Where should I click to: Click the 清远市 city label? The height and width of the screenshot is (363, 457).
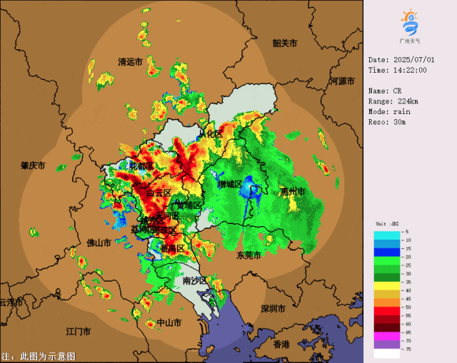pyautogui.click(x=130, y=62)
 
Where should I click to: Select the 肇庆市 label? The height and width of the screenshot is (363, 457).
pyautogui.click(x=33, y=165)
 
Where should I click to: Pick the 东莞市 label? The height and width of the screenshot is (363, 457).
pyautogui.click(x=248, y=255)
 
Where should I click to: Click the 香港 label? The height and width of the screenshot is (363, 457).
pyautogui.click(x=282, y=344)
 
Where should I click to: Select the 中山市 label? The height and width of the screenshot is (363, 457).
pyautogui.click(x=169, y=322)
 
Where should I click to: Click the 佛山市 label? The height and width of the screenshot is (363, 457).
pyautogui.click(x=99, y=242)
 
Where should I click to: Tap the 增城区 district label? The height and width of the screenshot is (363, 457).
pyautogui.click(x=230, y=185)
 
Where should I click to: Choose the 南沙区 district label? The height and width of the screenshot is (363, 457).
pyautogui.click(x=194, y=281)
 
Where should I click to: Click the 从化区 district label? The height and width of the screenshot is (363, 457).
pyautogui.click(x=211, y=133)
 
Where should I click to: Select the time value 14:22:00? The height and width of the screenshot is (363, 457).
pyautogui.click(x=408, y=70)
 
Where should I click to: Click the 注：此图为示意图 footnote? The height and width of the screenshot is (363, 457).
pyautogui.click(x=38, y=355)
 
